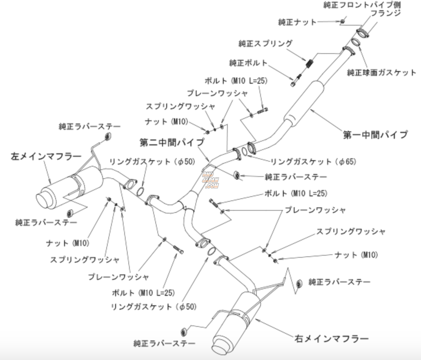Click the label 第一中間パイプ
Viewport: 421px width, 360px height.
(375, 135)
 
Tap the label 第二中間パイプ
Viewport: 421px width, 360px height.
(172, 142)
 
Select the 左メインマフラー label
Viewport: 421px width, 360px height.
(46, 157)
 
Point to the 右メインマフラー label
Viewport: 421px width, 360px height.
(332, 338)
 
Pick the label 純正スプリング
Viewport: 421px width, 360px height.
(265, 43)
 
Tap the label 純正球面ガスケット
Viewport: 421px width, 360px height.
(381, 73)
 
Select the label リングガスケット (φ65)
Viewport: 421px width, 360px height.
(313, 162)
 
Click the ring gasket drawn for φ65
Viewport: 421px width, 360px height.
(245, 152)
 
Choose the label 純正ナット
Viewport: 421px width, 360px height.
(297, 22)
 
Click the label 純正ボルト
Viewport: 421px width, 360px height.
(248, 63)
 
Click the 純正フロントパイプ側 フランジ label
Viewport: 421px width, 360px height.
(362, 9)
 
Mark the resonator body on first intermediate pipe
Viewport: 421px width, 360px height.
(304, 102)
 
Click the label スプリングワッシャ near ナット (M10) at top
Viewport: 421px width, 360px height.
(180, 106)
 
